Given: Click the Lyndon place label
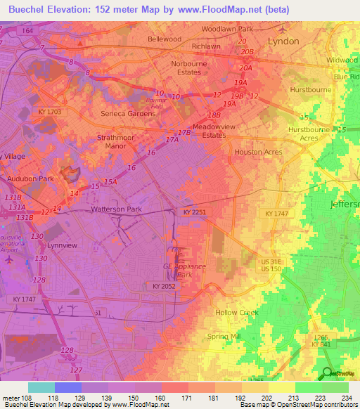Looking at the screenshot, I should point(283,41).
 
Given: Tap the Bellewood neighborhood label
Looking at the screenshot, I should point(164,39).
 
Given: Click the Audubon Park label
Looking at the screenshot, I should point(30,179).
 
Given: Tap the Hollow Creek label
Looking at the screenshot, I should point(237,312).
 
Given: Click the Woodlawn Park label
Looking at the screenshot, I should point(226,29).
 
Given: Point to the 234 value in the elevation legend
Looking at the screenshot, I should point(345,398).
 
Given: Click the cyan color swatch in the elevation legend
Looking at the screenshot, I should point(41,387).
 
